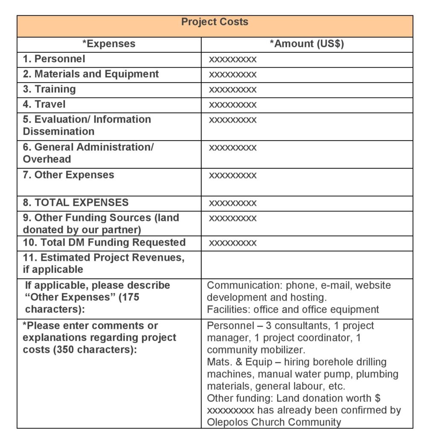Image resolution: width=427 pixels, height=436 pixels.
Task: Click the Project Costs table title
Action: tap(215, 22)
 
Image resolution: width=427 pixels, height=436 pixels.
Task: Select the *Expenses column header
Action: tap(109, 44)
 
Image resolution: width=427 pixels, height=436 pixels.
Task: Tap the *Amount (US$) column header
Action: tap(307, 44)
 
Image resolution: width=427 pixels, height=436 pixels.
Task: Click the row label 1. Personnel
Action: tap(54, 59)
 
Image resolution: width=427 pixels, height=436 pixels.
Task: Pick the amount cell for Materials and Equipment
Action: tap(233, 75)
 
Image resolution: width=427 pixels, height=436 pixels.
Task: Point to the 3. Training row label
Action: tap(49, 89)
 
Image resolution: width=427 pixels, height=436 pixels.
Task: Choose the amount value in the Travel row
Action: tap(233, 105)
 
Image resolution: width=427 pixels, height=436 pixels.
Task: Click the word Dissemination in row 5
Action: tap(59, 131)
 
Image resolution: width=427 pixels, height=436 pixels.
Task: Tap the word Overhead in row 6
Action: tap(47, 159)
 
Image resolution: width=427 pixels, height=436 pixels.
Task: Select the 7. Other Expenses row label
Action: tap(69, 175)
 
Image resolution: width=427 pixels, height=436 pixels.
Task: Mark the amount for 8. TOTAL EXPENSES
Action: tap(233, 203)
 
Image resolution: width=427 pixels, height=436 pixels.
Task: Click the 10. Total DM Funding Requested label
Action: tap(105, 242)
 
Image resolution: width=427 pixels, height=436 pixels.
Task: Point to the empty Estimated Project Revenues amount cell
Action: tap(307, 264)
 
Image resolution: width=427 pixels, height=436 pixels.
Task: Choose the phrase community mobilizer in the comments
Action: tap(254, 350)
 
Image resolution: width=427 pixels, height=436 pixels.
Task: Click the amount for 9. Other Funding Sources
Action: tap(233, 218)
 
